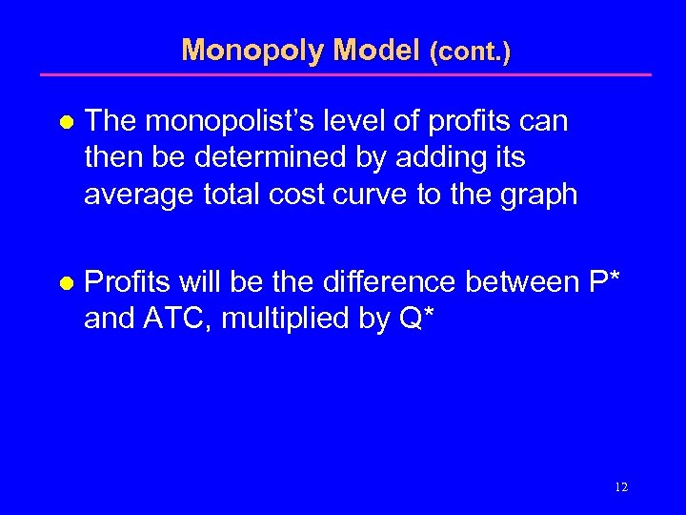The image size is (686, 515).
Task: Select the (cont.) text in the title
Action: (x=470, y=51)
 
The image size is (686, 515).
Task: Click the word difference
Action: (x=392, y=282)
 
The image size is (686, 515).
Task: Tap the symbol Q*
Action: (x=415, y=319)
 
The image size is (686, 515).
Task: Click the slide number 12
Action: (x=621, y=487)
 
